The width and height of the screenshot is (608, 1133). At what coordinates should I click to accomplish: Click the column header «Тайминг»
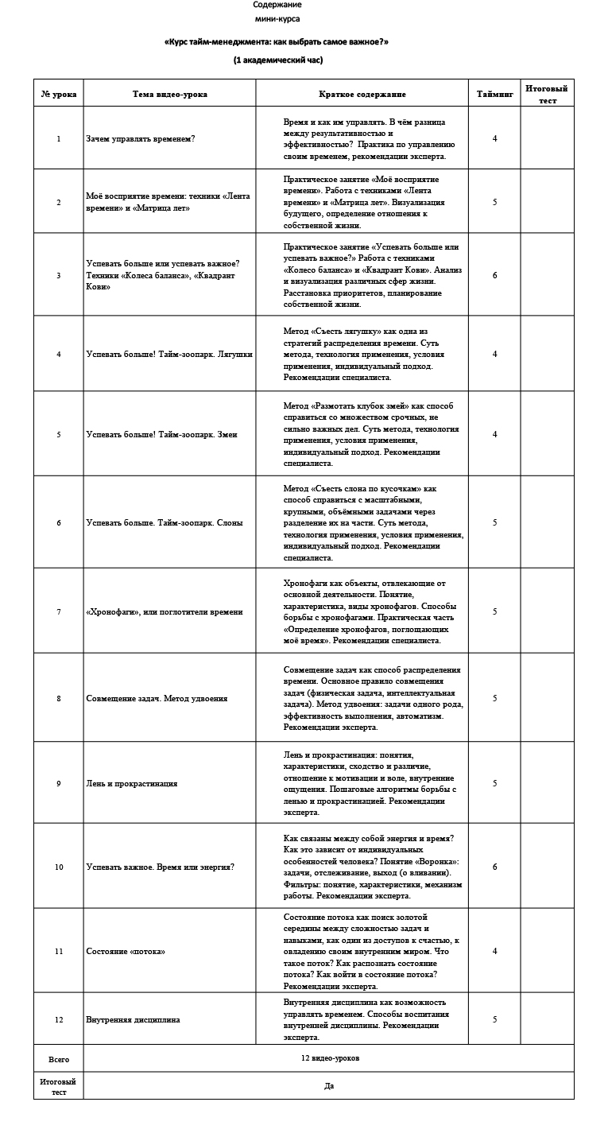coord(494,94)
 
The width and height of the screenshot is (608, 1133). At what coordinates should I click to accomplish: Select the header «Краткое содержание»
coord(362,94)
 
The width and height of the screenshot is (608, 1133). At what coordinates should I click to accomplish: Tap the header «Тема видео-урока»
coord(169,94)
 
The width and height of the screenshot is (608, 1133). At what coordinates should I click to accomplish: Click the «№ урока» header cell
coord(59,94)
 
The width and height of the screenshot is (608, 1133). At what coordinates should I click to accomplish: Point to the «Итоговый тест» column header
coord(547,94)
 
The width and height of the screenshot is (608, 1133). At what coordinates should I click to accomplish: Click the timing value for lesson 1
coord(494,138)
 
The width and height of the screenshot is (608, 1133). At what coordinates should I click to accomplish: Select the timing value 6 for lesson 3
coord(494,276)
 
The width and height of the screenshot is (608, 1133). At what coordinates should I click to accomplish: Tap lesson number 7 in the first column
coord(59,611)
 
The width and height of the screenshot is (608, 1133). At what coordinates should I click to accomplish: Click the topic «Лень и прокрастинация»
coord(131,783)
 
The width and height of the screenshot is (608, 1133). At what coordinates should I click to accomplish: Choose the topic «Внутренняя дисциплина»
coord(133,1019)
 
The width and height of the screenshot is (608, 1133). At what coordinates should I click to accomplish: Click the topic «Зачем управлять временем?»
coord(141,138)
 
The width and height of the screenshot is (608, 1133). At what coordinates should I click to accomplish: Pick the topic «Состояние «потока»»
coord(126,951)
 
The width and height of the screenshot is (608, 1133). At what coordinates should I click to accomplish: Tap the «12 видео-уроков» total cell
coord(330,1058)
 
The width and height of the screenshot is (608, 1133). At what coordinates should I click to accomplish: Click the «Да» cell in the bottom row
coord(329,1086)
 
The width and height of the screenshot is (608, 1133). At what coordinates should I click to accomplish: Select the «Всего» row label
coord(59,1059)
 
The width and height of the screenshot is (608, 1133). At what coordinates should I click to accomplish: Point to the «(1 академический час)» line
coord(277,60)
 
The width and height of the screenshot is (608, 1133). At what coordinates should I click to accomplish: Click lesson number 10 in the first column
coord(59,867)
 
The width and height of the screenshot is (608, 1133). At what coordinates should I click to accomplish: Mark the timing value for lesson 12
coord(494,1019)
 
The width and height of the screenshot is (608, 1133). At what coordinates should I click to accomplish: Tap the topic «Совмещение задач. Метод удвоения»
coord(157,698)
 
